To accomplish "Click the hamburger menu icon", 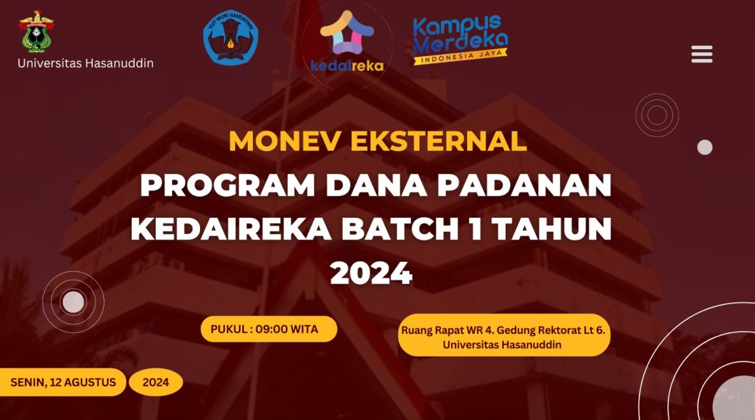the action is pyautogui.click(x=701, y=54).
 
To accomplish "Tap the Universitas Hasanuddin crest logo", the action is pyautogui.click(x=36, y=32).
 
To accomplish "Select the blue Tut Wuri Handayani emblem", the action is pyautogui.click(x=230, y=37).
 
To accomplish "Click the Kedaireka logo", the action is pyautogui.click(x=347, y=43).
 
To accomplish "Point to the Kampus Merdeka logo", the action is pyautogui.click(x=460, y=39).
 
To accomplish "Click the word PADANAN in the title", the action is pyautogui.click(x=524, y=185).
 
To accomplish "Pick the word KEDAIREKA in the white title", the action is pyautogui.click(x=231, y=229).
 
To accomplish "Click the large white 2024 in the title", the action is pyautogui.click(x=371, y=273).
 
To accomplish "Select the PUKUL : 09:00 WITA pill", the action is pyautogui.click(x=268, y=330).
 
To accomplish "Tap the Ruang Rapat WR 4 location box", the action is pyautogui.click(x=503, y=335).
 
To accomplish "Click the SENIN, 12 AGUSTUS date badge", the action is pyautogui.click(x=63, y=383).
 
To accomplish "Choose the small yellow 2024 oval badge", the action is pyautogui.click(x=156, y=383).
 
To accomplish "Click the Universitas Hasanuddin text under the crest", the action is pyautogui.click(x=86, y=63).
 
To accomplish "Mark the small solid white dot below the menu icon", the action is pyautogui.click(x=705, y=147).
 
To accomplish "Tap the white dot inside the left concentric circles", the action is pyautogui.click(x=73, y=302).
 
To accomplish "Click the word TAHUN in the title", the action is pyautogui.click(x=553, y=229).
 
